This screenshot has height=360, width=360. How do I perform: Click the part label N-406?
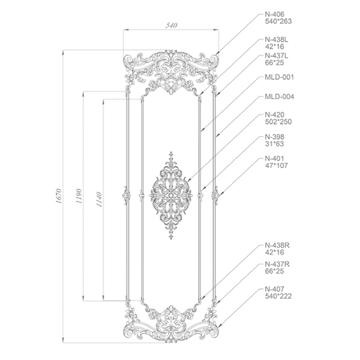point(274,14)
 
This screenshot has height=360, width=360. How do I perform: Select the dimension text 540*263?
point(278,21)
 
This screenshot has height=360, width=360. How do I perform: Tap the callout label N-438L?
point(276,39)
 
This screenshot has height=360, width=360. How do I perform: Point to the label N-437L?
point(276,56)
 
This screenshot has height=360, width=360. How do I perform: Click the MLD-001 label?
point(279,77)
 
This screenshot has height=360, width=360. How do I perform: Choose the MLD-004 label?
point(279,96)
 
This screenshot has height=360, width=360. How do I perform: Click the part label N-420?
point(274,115)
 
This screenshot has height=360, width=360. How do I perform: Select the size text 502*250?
point(278,122)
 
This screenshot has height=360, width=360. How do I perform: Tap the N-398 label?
point(274,136)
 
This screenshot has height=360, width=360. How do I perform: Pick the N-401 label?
point(274,158)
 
